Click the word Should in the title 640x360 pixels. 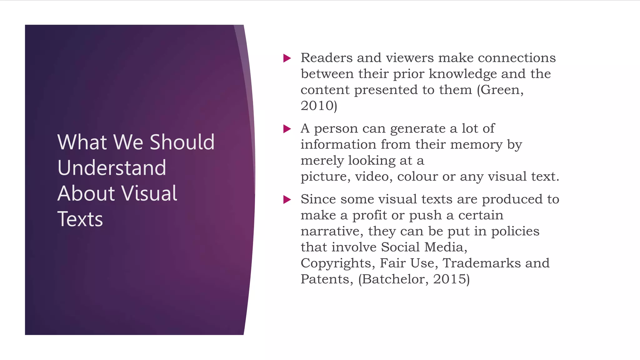tap(182, 142)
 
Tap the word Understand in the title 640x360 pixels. tap(112, 168)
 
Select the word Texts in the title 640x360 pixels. tap(80, 219)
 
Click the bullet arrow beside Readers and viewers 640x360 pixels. tap(287, 58)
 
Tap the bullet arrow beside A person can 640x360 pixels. tap(287, 129)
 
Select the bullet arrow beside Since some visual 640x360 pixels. tap(287, 199)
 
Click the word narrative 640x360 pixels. tap(332, 231)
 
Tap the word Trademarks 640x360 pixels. tap(482, 263)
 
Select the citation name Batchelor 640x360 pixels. tap(395, 279)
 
